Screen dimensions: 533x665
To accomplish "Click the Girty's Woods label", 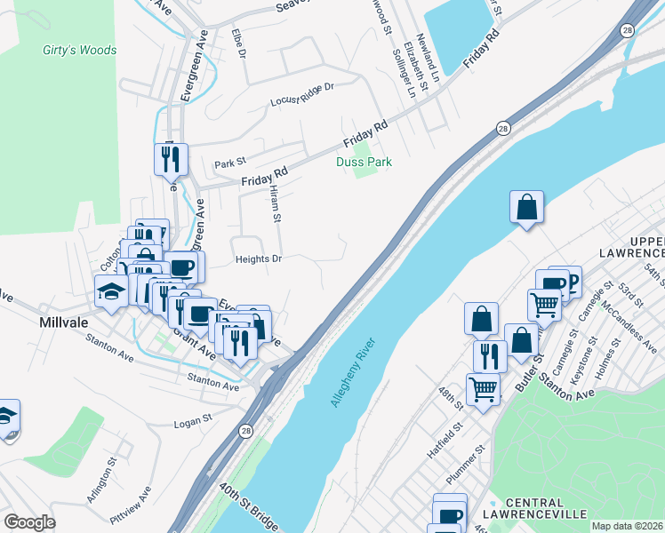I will pyautogui.click(x=79, y=51).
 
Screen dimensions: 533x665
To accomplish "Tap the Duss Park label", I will pyautogui.click(x=364, y=162).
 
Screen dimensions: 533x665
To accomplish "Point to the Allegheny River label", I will pyautogui.click(x=354, y=372).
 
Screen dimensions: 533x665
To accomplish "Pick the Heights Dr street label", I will pyautogui.click(x=258, y=259).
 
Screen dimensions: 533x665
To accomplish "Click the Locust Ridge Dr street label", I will pyautogui.click(x=301, y=95).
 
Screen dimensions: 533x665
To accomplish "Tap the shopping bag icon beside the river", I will pyautogui.click(x=526, y=207).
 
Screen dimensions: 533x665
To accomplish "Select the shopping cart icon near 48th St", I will pyautogui.click(x=483, y=388).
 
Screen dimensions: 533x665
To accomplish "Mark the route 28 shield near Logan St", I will pyautogui.click(x=244, y=430).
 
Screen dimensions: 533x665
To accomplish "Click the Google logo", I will pyautogui.click(x=29, y=522).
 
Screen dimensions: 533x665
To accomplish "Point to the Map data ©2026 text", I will pyautogui.click(x=627, y=526).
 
